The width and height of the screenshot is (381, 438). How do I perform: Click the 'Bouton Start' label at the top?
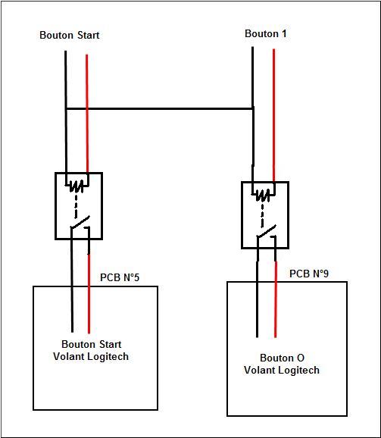click(69, 35)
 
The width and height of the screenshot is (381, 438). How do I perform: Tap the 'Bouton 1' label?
click(265, 34)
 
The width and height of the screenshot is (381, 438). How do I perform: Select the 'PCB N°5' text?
click(120, 277)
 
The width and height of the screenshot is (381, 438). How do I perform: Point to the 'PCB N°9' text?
click(309, 274)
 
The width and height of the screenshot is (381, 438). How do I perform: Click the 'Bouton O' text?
click(282, 358)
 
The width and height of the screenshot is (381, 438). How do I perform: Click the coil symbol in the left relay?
click(77, 186)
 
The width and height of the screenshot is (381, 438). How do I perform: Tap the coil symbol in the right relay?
click(263, 195)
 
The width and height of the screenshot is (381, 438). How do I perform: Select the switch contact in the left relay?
click(80, 223)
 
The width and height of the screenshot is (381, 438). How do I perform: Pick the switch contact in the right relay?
click(267, 232)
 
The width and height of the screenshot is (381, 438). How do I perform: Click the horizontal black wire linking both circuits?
click(159, 108)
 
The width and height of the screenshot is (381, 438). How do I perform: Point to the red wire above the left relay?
click(87, 114)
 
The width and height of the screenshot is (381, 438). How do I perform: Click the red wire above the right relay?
click(273, 115)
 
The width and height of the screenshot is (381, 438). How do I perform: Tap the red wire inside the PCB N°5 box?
click(89, 310)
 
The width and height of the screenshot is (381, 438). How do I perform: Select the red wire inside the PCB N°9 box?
click(276, 310)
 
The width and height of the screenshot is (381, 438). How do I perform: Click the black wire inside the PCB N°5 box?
click(72, 309)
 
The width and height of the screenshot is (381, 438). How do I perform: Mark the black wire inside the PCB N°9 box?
click(257, 310)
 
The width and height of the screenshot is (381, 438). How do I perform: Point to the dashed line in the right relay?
click(262, 214)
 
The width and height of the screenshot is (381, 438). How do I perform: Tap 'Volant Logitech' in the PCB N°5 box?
click(91, 356)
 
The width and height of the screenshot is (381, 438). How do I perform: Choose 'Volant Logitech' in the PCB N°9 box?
click(282, 370)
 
